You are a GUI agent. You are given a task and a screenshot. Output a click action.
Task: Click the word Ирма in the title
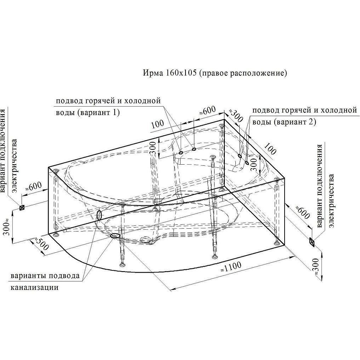(x=153, y=73)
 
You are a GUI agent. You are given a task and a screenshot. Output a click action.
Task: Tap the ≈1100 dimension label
(x=231, y=267)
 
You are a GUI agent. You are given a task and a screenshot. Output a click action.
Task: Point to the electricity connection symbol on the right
(x=312, y=242)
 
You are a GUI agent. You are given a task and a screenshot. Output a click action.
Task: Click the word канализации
(x=34, y=287)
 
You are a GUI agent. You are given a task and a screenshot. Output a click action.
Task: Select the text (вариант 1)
(x=99, y=113)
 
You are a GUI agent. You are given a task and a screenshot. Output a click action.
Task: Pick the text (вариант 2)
(x=295, y=122)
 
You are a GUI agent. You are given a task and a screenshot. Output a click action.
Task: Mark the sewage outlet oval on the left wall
(x=99, y=215)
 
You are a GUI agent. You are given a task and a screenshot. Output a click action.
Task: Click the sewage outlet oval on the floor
(x=115, y=235)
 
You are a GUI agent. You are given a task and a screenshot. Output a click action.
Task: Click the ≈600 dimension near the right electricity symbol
(x=303, y=212)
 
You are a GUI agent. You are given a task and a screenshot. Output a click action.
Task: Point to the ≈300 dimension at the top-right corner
(x=235, y=115)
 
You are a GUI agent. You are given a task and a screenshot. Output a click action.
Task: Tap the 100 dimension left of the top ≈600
(x=158, y=124)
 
